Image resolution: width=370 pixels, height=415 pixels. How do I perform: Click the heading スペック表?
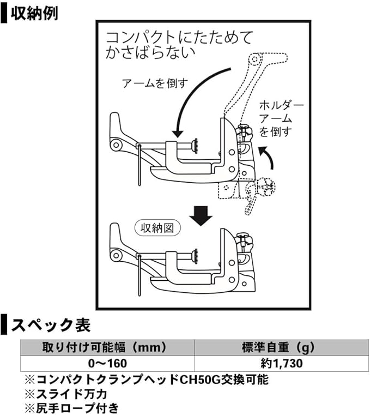(x=50, y=326)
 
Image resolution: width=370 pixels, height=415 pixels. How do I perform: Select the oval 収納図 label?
(x=156, y=228)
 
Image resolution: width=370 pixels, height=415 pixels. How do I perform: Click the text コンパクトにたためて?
(x=180, y=38)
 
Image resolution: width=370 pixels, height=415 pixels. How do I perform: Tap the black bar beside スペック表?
(x=4, y=326)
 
